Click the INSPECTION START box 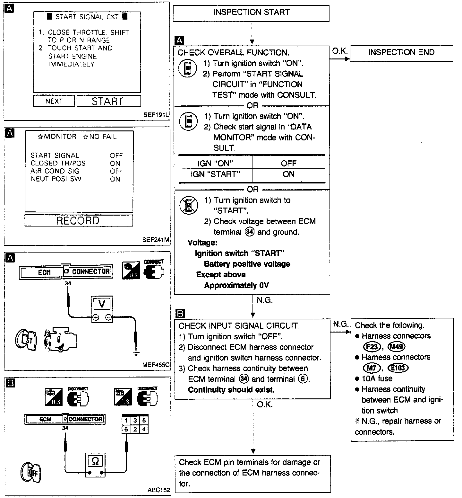pyautogui.click(x=251, y=13)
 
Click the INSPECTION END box pyautogui.click(x=401, y=53)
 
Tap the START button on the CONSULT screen pyautogui.click(x=108, y=101)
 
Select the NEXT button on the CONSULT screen pyautogui.click(x=54, y=101)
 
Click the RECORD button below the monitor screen pyautogui.click(x=78, y=221)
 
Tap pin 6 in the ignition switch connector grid pyautogui.click(x=126, y=429)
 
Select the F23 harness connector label pyautogui.click(x=372, y=347)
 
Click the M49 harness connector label pyautogui.click(x=397, y=347)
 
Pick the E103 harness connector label pyautogui.click(x=398, y=368)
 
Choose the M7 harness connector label pyautogui.click(x=372, y=368)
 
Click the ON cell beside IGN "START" pyautogui.click(x=288, y=174)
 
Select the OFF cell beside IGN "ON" pyautogui.click(x=288, y=164)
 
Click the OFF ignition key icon pyautogui.click(x=31, y=472)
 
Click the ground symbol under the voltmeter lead pyautogui.click(x=136, y=354)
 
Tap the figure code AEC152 pyautogui.click(x=159, y=490)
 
